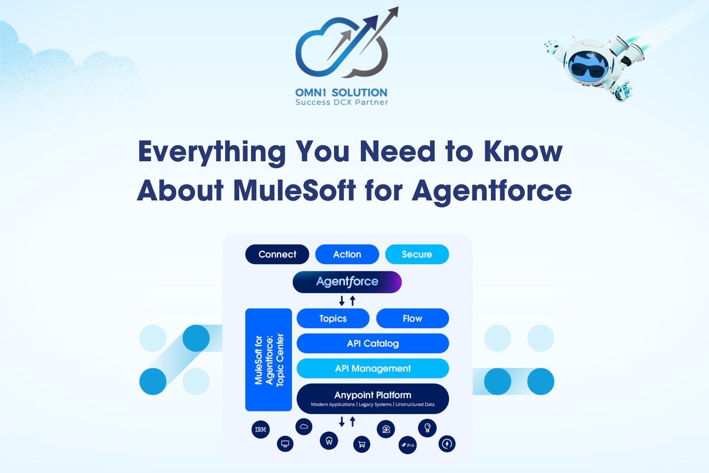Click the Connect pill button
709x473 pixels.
(277, 254)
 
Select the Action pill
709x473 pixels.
(347, 254)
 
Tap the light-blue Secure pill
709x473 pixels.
(417, 254)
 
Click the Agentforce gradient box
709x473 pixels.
(347, 282)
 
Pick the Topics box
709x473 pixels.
(333, 318)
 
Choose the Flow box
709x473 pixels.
(412, 318)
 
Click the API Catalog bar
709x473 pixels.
(373, 343)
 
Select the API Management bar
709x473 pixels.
(373, 368)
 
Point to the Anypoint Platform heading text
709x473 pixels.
(373, 395)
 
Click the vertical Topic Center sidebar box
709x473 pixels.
(269, 360)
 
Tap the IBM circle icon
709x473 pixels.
(261, 430)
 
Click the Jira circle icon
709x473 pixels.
(407, 445)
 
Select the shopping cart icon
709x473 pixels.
(362, 444)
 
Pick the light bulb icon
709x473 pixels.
(427, 428)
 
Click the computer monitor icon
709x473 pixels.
(285, 444)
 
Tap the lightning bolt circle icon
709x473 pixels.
(447, 444)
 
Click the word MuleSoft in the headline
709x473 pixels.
(294, 191)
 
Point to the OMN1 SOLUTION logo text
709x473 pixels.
(341, 92)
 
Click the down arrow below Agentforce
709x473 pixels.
(342, 301)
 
